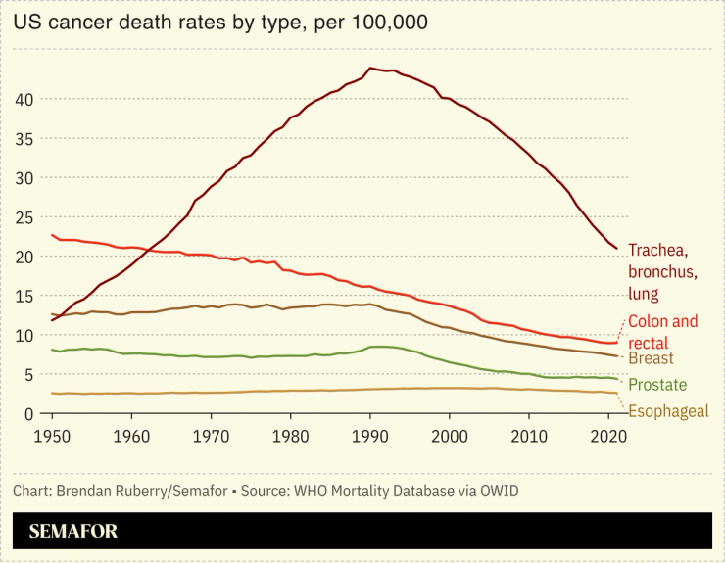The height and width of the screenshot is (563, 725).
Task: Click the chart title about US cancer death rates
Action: click(220, 22)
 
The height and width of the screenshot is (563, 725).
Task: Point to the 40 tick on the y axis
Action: click(26, 100)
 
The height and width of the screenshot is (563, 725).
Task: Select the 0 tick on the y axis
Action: click(30, 414)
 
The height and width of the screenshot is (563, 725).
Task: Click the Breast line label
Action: click(651, 359)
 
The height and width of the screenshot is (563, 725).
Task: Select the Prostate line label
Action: click(657, 385)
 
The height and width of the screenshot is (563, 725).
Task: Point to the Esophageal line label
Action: click(667, 411)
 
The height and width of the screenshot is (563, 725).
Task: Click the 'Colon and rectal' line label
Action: click(662, 332)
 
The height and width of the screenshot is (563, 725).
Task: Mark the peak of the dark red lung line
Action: click(369, 68)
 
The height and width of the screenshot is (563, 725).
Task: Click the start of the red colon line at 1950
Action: click(51, 235)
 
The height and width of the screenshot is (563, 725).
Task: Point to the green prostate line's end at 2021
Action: click(616, 379)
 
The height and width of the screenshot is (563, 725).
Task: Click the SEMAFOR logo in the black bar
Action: click(73, 532)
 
